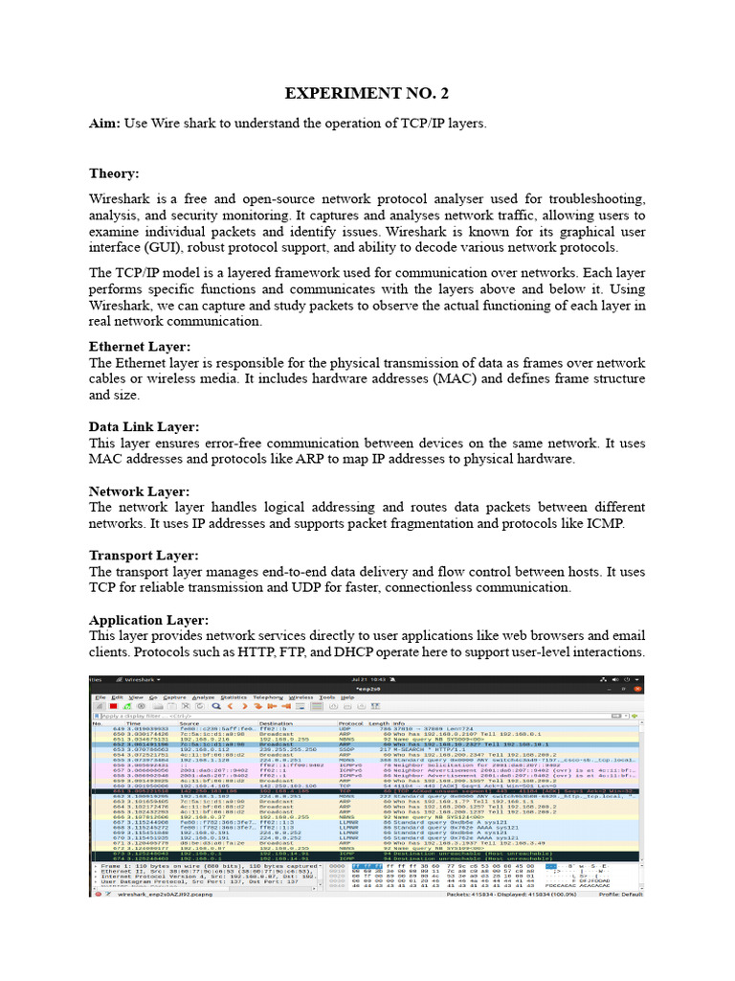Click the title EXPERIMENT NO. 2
(x=367, y=93)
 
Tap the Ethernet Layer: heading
(x=140, y=347)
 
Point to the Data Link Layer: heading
(x=144, y=426)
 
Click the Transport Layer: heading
(x=144, y=556)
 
